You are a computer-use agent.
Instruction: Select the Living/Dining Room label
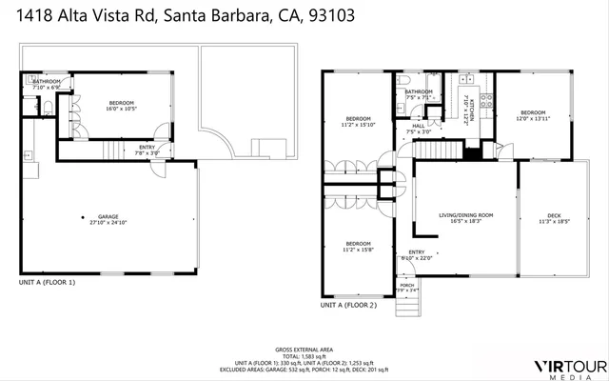465,218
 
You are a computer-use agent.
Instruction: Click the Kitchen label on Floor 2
465,110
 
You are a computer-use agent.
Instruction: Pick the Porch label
406,287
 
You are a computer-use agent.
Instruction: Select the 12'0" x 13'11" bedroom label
533,115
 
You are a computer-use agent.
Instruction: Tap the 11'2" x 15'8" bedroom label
357,246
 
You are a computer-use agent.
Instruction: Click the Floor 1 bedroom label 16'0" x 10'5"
120,106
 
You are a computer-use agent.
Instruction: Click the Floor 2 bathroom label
419,94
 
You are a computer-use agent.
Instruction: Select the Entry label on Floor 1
147,150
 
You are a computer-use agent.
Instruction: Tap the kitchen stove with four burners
484,98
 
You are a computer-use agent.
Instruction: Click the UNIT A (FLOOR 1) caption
47,283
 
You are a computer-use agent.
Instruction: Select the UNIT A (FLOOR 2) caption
348,307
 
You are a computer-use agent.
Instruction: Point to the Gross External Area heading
304,350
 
